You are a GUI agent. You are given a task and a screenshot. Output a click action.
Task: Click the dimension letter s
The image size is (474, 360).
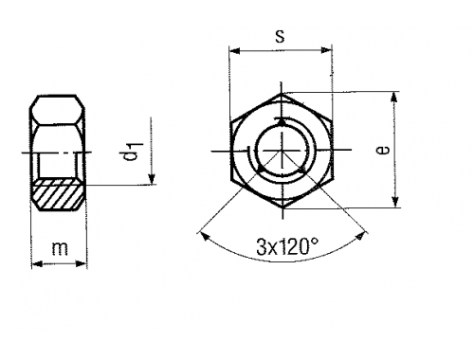(x=280, y=36)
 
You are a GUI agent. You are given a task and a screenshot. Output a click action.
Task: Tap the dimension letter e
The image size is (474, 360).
(x=383, y=150)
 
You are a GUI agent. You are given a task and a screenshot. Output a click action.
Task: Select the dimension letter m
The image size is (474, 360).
(x=60, y=248)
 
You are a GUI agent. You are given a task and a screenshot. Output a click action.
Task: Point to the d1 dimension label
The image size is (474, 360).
(x=134, y=152)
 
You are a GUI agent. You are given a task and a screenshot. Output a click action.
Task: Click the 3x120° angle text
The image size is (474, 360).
(x=287, y=247)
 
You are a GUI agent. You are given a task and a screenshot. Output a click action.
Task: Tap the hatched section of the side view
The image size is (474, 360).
(x=59, y=194)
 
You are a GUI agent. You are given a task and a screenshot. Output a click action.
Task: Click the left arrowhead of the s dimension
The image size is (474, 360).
(x=234, y=50)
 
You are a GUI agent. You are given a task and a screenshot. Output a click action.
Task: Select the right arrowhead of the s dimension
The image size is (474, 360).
(x=325, y=50)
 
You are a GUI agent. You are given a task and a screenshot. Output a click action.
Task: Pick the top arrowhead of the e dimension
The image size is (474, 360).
(x=393, y=98)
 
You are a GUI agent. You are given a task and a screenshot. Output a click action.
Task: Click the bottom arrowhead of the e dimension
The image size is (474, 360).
(x=394, y=202)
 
